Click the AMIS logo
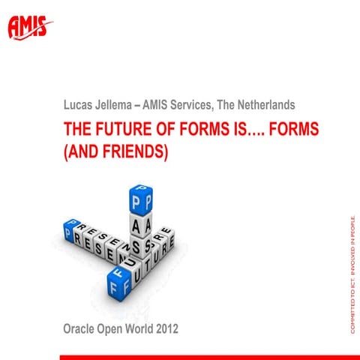coord(30,27)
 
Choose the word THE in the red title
coord(77,128)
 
